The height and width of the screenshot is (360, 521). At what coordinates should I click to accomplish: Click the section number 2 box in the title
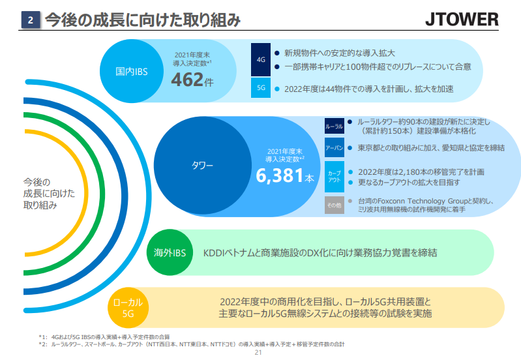tap(31, 20)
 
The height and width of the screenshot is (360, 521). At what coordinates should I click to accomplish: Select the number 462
tap(186, 80)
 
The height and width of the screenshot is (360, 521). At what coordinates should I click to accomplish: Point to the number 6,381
tap(280, 176)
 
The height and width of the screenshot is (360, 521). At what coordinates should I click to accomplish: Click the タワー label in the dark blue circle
tap(203, 166)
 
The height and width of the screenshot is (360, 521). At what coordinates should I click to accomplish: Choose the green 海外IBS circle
tap(171, 252)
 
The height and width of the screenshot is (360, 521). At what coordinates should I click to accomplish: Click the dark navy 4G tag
tap(261, 59)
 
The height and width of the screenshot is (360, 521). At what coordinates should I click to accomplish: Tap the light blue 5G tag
tap(261, 88)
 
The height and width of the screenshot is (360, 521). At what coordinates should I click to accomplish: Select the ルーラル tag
tap(334, 126)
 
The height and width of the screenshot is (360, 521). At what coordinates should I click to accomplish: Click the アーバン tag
tap(334, 148)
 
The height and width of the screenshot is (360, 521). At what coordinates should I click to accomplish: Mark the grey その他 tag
tap(334, 205)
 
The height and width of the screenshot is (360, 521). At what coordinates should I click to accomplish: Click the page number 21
tap(258, 353)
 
